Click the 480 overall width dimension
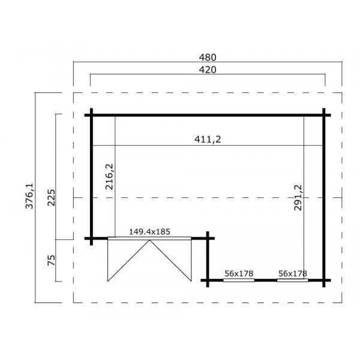208,58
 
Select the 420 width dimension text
208,70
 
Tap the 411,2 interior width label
208,139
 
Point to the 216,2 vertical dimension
110,176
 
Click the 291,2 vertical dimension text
298,197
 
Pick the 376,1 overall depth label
29,196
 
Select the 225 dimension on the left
51,197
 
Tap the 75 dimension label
51,260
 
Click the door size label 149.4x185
149,232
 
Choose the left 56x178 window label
239,274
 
